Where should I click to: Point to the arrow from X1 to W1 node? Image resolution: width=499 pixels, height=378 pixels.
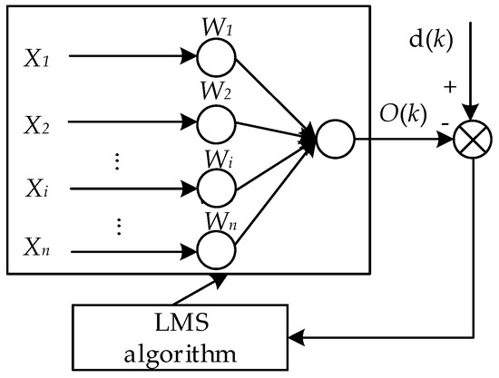click(x=131, y=57)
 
